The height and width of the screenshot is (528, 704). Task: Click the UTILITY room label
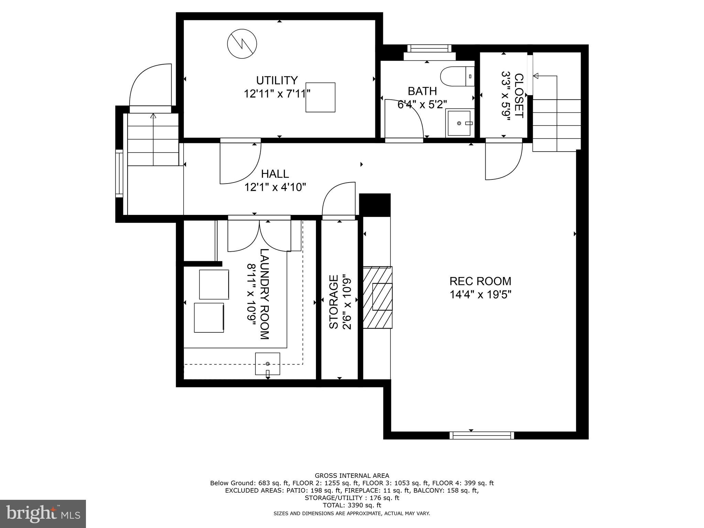(277, 80)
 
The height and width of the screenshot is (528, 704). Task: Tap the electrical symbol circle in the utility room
(242, 44)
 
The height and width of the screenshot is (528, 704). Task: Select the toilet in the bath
(457, 77)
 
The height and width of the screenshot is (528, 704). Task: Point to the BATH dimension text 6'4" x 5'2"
(422, 104)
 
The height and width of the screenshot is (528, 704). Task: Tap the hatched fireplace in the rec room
(377, 297)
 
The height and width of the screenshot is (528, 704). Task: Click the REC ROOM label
(480, 281)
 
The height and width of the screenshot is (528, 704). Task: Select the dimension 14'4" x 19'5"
(480, 295)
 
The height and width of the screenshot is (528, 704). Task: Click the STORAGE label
(334, 301)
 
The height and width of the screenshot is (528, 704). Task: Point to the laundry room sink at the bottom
(267, 364)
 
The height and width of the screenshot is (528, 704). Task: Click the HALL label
(275, 174)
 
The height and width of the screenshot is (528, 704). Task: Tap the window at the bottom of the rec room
(482, 436)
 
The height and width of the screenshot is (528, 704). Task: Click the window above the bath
(429, 48)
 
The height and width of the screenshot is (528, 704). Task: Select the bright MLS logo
(43, 513)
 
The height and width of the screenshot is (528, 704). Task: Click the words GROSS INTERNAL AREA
(352, 476)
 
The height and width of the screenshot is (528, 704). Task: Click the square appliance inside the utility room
(320, 97)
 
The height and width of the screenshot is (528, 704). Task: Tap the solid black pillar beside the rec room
(375, 205)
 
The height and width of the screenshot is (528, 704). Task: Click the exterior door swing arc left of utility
(150, 85)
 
